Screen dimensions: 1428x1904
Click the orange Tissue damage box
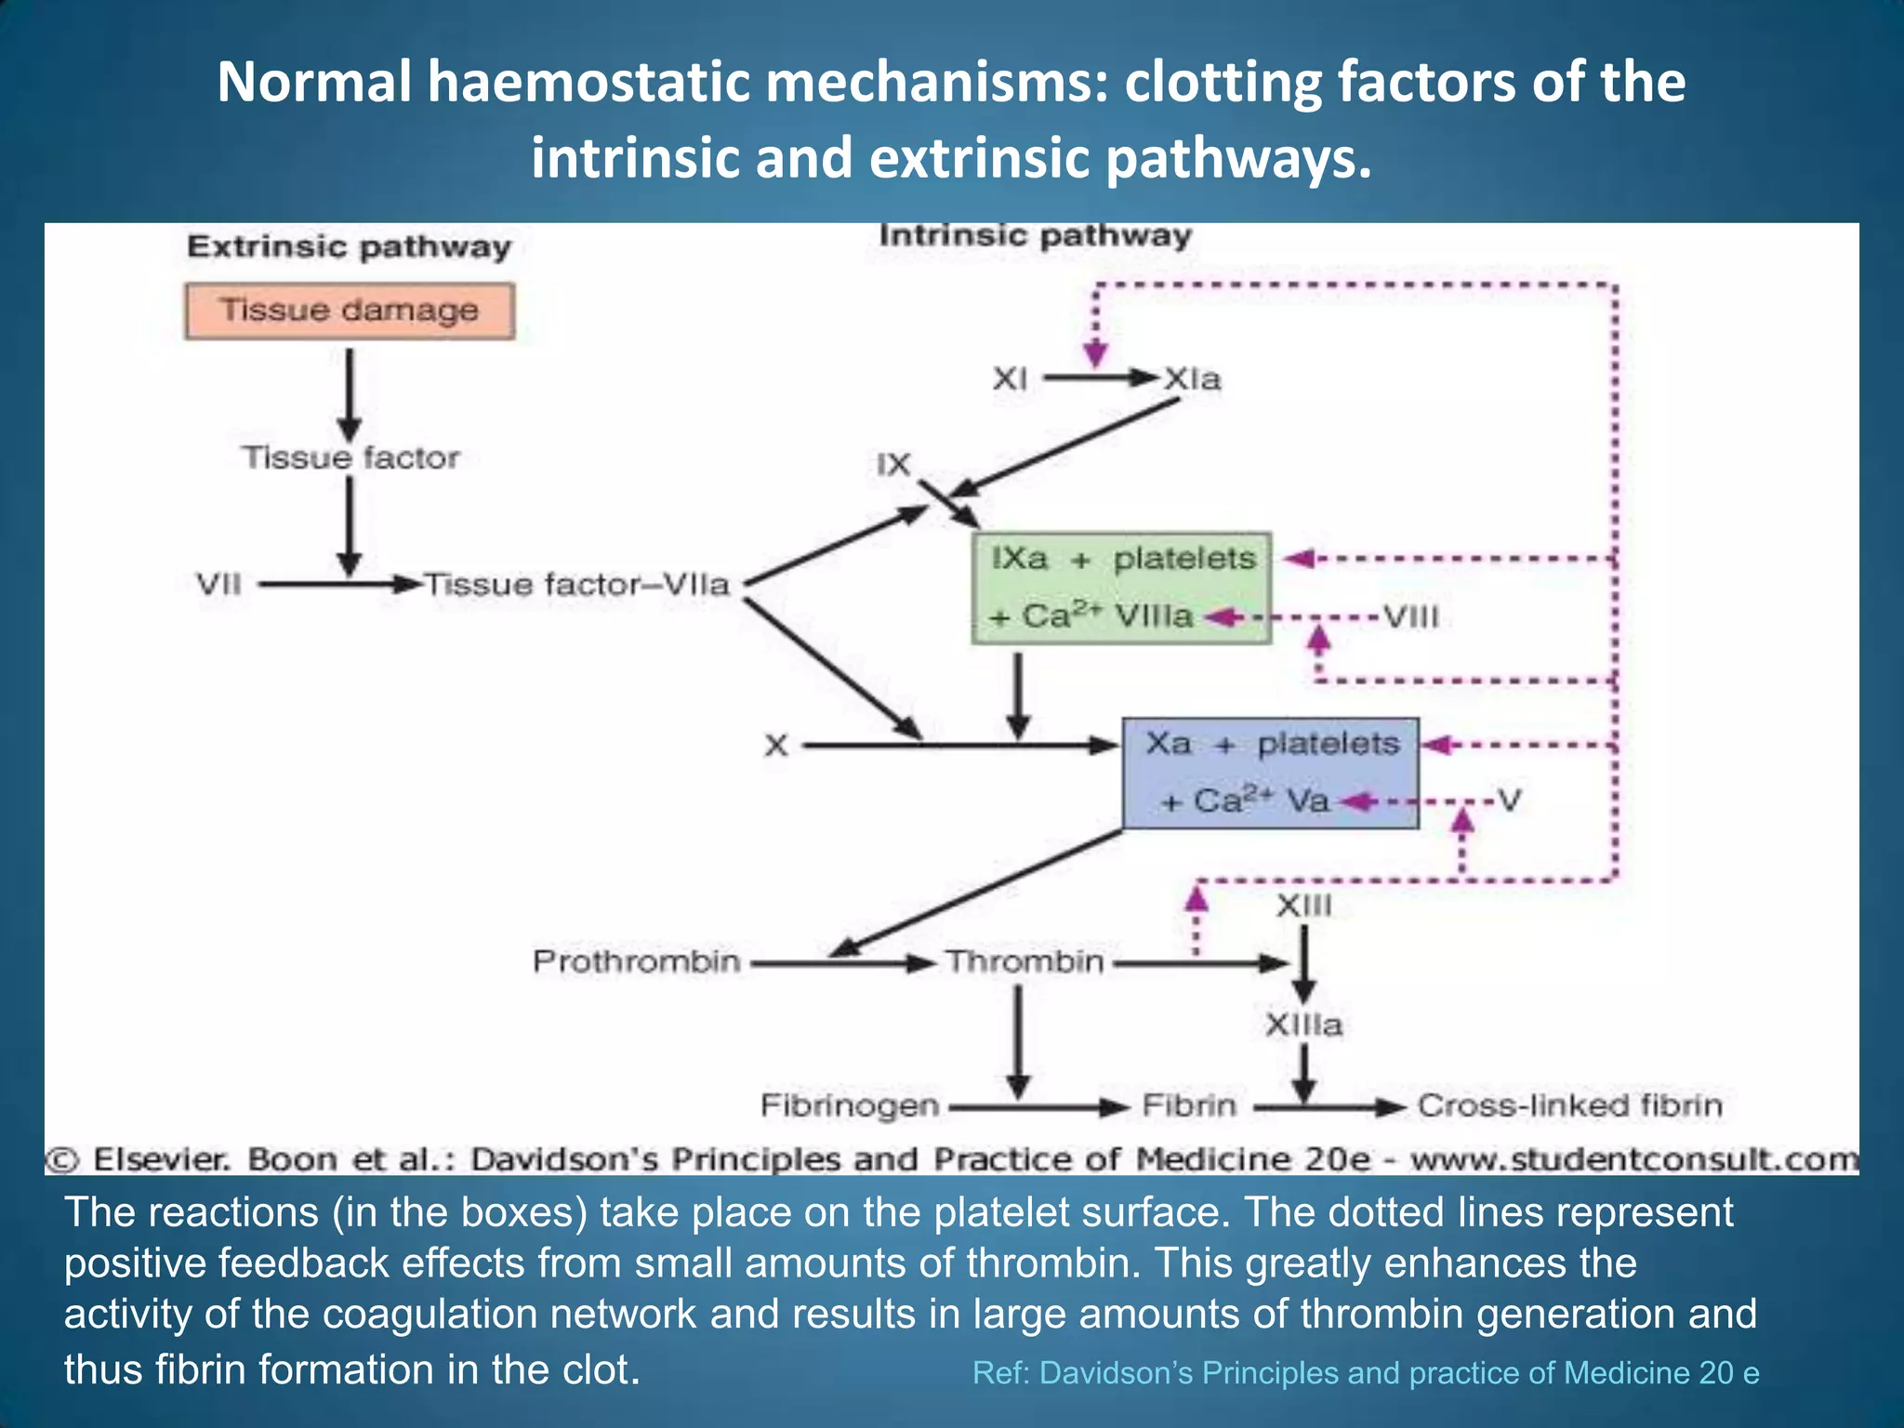(349, 311)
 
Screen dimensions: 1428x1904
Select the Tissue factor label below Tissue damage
(350, 457)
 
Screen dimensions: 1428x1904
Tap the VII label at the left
(218, 585)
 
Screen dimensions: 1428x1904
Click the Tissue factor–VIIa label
(577, 585)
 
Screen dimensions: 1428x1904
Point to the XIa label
(1193, 379)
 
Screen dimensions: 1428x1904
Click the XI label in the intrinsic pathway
(1010, 379)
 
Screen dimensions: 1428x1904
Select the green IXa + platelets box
(1120, 588)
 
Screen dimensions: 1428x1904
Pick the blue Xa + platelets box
(1270, 773)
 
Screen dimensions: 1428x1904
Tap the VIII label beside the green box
(1410, 617)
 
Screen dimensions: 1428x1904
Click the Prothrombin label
(636, 961)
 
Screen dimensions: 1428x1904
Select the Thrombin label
(1025, 961)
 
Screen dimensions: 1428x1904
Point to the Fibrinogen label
(850, 1105)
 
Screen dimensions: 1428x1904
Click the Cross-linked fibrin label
(1569, 1105)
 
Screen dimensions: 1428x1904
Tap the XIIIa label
(1303, 1025)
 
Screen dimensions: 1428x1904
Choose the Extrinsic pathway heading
(349, 247)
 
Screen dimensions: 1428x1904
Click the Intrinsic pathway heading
(1035, 236)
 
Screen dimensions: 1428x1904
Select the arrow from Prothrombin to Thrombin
(842, 964)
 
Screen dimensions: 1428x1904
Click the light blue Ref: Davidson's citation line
(1365, 1373)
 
